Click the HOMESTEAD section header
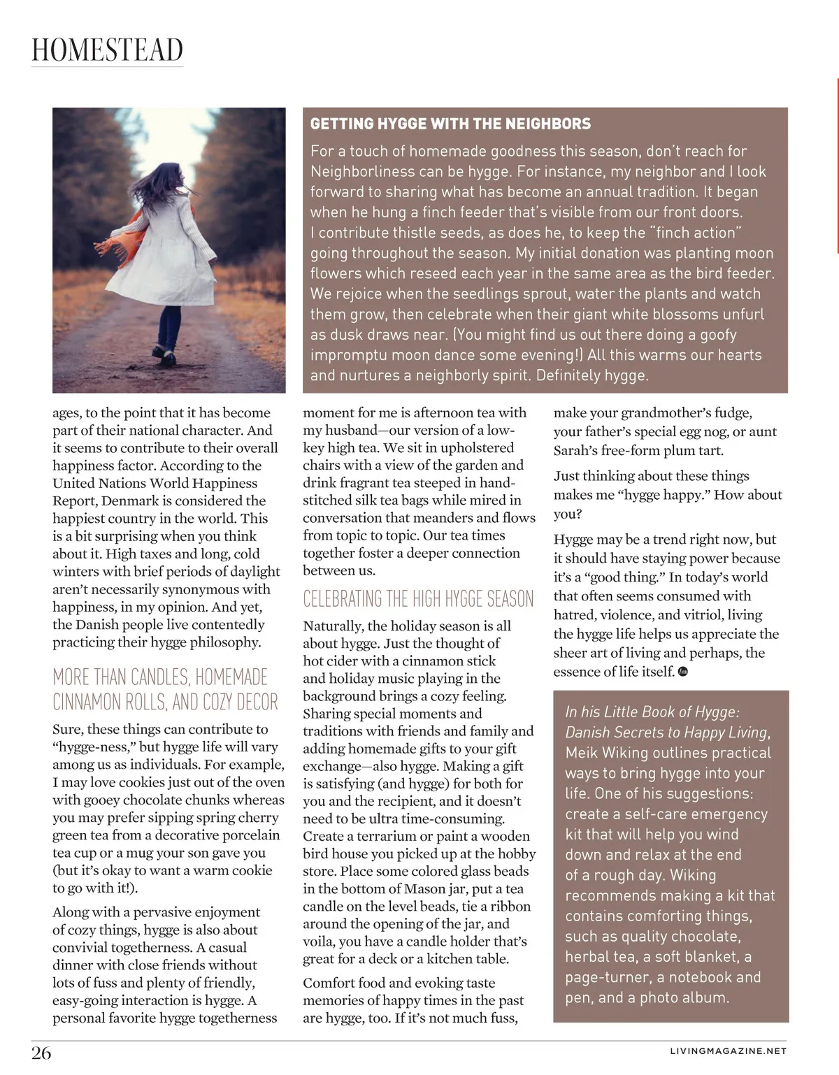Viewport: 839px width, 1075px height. [x=107, y=50]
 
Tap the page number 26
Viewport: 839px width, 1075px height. [x=41, y=1053]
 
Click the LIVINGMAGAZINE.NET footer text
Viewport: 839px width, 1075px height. [x=728, y=1051]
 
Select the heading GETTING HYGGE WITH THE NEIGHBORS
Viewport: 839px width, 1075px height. [x=450, y=124]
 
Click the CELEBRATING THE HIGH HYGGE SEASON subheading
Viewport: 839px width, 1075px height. [x=418, y=599]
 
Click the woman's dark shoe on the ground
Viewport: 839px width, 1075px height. [x=166, y=358]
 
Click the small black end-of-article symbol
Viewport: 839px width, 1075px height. [x=683, y=672]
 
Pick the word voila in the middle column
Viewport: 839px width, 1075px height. [x=320, y=941]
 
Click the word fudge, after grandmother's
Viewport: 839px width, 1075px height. [x=730, y=412]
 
